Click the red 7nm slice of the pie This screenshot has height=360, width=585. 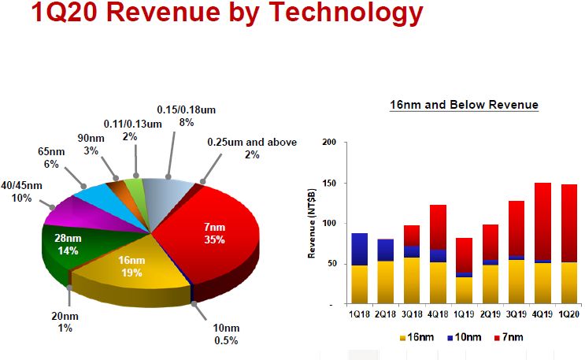coord(209,232)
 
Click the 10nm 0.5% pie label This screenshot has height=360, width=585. coord(226,334)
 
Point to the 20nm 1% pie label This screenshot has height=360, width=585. coord(65,322)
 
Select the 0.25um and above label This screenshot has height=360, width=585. coord(252,148)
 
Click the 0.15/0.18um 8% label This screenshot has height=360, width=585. coord(186,116)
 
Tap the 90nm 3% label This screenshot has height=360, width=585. coord(91,144)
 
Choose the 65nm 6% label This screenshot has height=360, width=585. coord(51,158)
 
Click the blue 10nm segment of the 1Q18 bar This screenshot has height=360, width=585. coord(359,250)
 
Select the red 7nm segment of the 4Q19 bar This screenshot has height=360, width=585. coord(542,221)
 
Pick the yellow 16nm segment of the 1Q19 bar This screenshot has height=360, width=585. coord(464,290)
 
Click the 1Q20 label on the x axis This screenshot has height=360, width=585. coord(568,314)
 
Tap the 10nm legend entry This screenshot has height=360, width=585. coord(465,338)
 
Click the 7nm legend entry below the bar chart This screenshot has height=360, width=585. coord(509,338)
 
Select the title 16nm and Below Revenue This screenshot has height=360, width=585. coord(464,105)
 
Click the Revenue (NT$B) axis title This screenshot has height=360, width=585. coord(312,223)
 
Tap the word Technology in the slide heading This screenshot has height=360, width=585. coord(346,12)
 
